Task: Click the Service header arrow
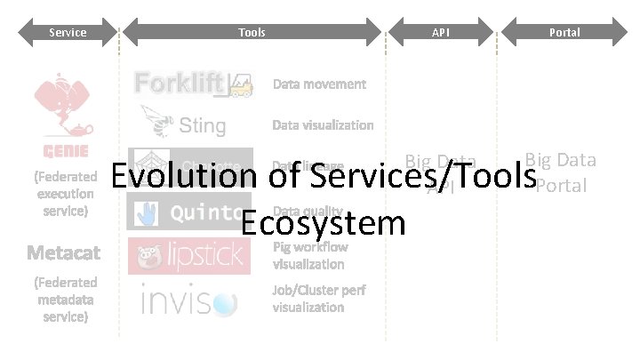[68, 33]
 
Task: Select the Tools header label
[252, 33]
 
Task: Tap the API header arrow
[440, 33]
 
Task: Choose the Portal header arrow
[564, 33]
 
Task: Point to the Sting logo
[183, 124]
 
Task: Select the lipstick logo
[190, 255]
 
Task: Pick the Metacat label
[63, 253]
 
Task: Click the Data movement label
[318, 84]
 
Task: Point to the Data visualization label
[322, 125]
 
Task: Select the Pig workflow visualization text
[309, 255]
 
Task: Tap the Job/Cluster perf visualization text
[318, 298]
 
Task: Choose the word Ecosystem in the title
[323, 221]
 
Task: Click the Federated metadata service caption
[63, 300]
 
